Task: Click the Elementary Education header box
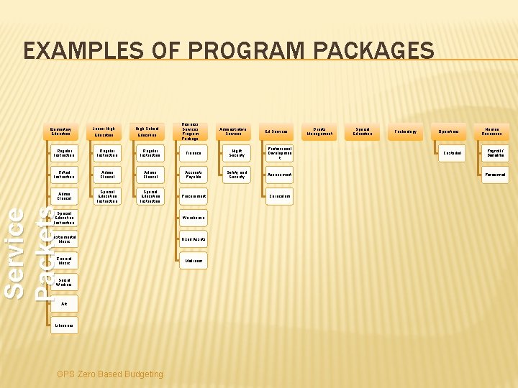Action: [x=61, y=131]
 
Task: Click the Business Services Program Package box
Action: [x=191, y=131]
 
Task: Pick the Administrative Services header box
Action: [x=234, y=131]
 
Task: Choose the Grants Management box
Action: [x=319, y=131]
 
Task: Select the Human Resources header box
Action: [x=492, y=131]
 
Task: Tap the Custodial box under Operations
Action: [x=453, y=153]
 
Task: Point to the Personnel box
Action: [x=496, y=175]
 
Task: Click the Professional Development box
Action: [x=280, y=153]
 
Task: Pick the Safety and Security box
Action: [x=237, y=175]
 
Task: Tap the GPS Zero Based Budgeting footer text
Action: [x=110, y=374]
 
